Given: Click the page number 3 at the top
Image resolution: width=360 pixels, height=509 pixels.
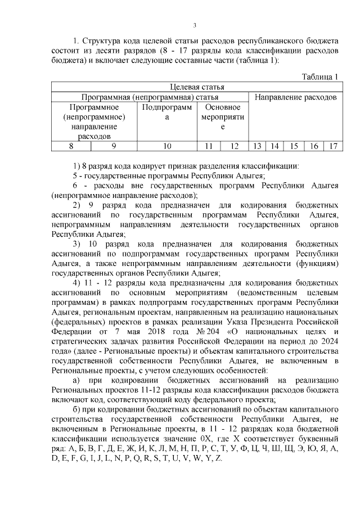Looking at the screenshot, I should (194, 25).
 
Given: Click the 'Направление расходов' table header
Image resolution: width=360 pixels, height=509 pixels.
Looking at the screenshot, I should (295, 97).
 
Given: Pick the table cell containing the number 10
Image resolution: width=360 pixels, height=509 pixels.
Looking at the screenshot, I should (167, 146).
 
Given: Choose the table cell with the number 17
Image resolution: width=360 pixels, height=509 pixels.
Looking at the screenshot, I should (333, 146).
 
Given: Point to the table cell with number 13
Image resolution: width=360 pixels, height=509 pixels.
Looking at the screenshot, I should (257, 146).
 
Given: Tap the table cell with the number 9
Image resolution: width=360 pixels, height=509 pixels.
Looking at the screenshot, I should (114, 146).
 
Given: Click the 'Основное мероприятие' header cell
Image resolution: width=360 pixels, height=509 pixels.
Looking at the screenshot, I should (223, 117).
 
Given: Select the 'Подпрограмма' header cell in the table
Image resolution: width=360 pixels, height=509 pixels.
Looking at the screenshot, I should (167, 112).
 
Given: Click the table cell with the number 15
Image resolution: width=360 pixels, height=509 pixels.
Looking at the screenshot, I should (294, 146).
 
